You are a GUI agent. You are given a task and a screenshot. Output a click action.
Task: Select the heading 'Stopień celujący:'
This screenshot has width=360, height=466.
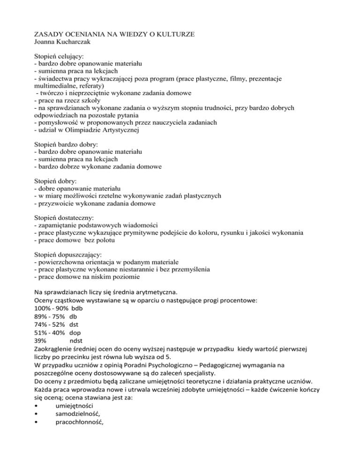pos(63,56)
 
